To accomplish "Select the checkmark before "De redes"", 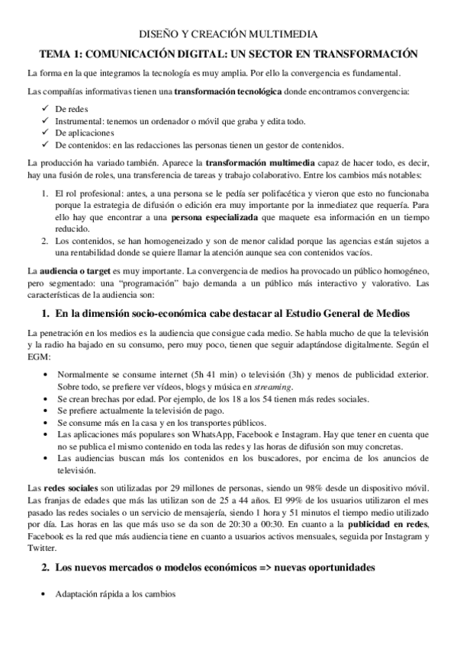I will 47,109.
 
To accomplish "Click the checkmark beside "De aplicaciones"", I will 47,133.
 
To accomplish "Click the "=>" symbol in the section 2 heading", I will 249,569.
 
